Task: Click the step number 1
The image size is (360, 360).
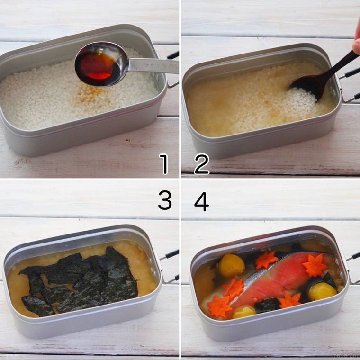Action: (x=164, y=164)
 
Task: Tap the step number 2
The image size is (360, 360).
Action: (x=201, y=164)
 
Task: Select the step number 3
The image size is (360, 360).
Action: (x=164, y=201)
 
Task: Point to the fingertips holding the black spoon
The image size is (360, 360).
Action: (x=356, y=45)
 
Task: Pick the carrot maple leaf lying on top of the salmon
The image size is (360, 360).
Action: (x=314, y=265)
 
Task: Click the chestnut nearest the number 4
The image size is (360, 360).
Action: (x=231, y=265)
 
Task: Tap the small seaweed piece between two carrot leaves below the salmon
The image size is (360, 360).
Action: (x=267, y=305)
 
